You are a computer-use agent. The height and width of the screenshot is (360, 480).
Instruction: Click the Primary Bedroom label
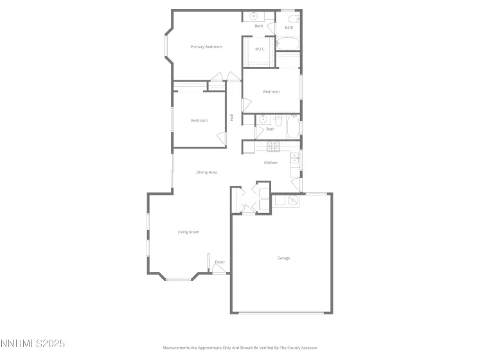point(206,47)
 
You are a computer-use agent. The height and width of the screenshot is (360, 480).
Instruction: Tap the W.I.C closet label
point(260,49)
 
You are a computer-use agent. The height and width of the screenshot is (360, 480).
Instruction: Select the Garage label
point(283,258)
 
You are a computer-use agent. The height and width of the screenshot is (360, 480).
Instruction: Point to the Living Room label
point(188,232)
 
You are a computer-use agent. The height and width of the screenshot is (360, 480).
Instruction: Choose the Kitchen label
point(271,163)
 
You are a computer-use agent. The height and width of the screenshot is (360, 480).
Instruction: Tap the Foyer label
point(220,262)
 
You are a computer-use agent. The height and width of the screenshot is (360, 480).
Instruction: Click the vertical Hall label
point(231,117)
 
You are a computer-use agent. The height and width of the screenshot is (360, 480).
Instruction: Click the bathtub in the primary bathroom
point(287,44)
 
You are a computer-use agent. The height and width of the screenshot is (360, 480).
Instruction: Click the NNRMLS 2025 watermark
point(33,343)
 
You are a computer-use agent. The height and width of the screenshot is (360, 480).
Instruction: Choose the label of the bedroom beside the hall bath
point(271,92)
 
